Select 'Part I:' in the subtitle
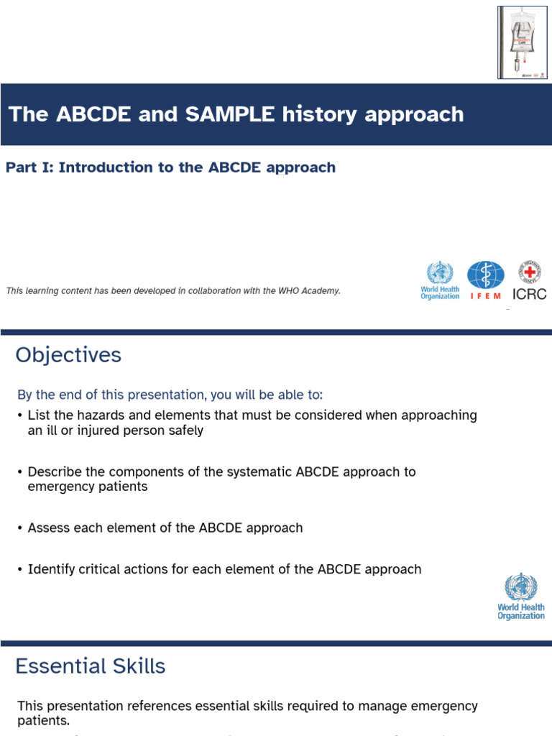[x=29, y=167]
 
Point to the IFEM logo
[x=485, y=280]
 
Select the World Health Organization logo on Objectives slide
[x=521, y=596]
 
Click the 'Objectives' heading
[x=68, y=355]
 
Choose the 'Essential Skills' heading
[x=91, y=666]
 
